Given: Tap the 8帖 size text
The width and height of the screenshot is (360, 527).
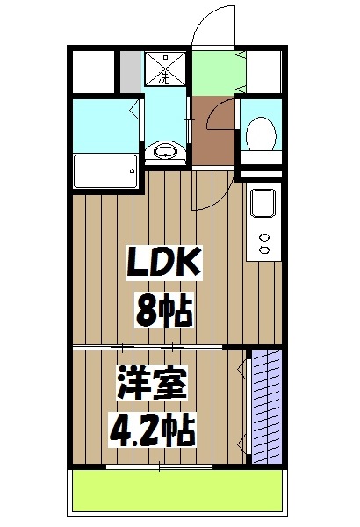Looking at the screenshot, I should [164, 308].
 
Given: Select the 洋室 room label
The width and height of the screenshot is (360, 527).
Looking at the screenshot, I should [154, 384].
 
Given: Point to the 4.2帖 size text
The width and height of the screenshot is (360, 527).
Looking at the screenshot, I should [152, 430].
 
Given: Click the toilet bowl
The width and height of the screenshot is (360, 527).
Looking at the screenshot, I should [261, 134].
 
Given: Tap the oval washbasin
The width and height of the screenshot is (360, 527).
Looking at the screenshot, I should [165, 153].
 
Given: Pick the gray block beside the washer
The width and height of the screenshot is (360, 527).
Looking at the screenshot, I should [131, 71].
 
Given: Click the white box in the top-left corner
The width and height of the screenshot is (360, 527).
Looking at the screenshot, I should [93, 71].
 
